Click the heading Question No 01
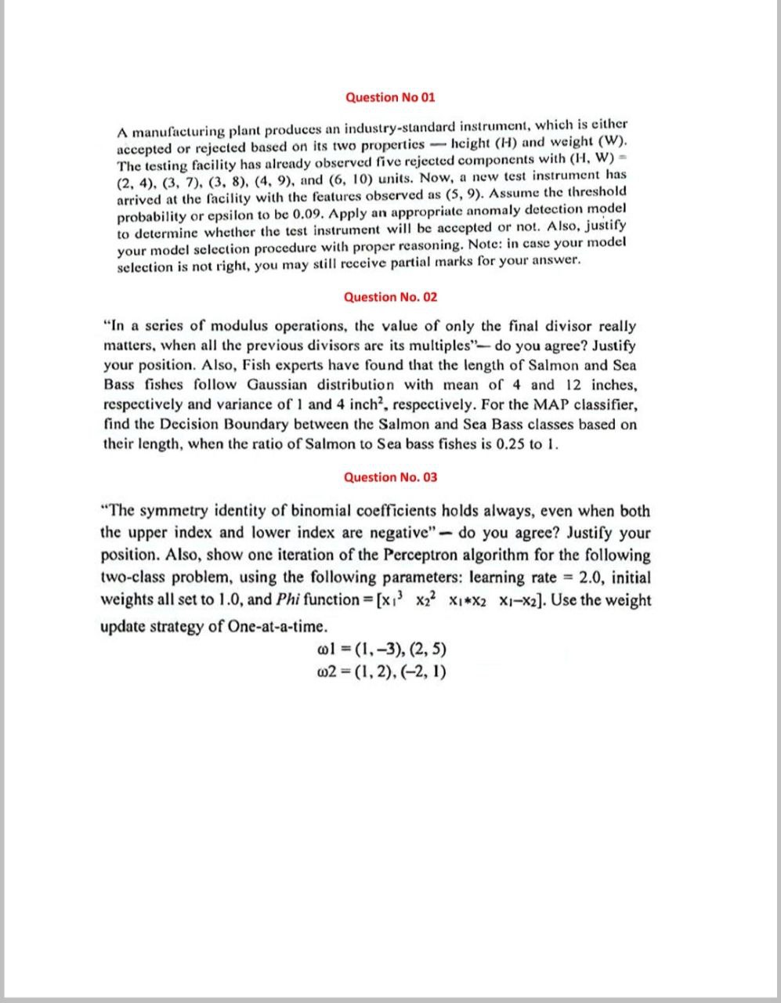[x=390, y=97]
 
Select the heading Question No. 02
[x=390, y=297]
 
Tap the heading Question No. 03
[x=390, y=477]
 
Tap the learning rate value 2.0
[x=588, y=578]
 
